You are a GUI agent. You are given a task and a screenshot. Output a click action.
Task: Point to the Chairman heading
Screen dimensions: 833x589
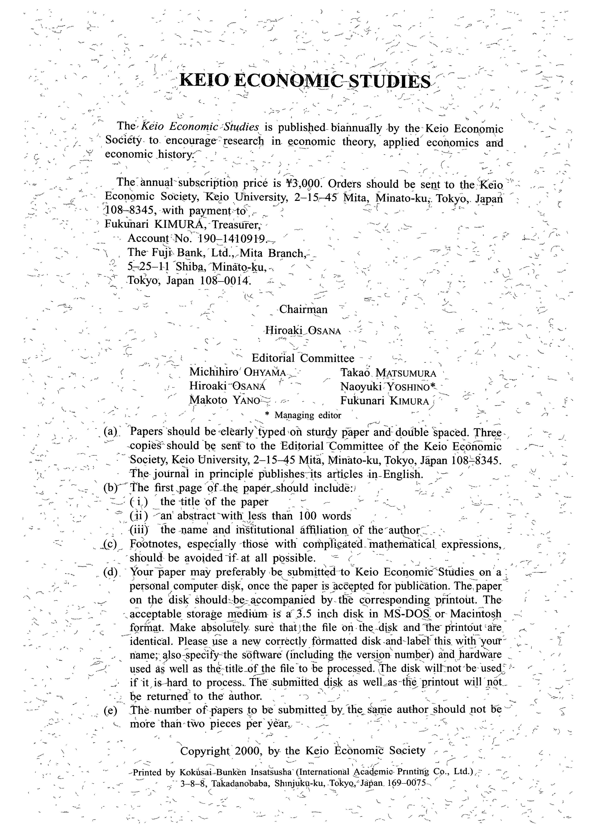303,309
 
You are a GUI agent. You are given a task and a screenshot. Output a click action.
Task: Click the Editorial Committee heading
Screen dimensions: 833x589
303,358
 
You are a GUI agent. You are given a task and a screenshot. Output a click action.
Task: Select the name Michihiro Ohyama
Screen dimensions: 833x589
238,372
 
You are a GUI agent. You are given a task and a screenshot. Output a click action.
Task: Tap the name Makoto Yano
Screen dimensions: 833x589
225,400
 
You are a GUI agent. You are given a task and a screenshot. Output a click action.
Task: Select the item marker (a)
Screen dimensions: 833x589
110,431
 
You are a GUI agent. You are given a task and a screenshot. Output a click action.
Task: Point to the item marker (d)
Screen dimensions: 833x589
110,572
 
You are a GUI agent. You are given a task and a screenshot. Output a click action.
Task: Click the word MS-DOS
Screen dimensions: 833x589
406,614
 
